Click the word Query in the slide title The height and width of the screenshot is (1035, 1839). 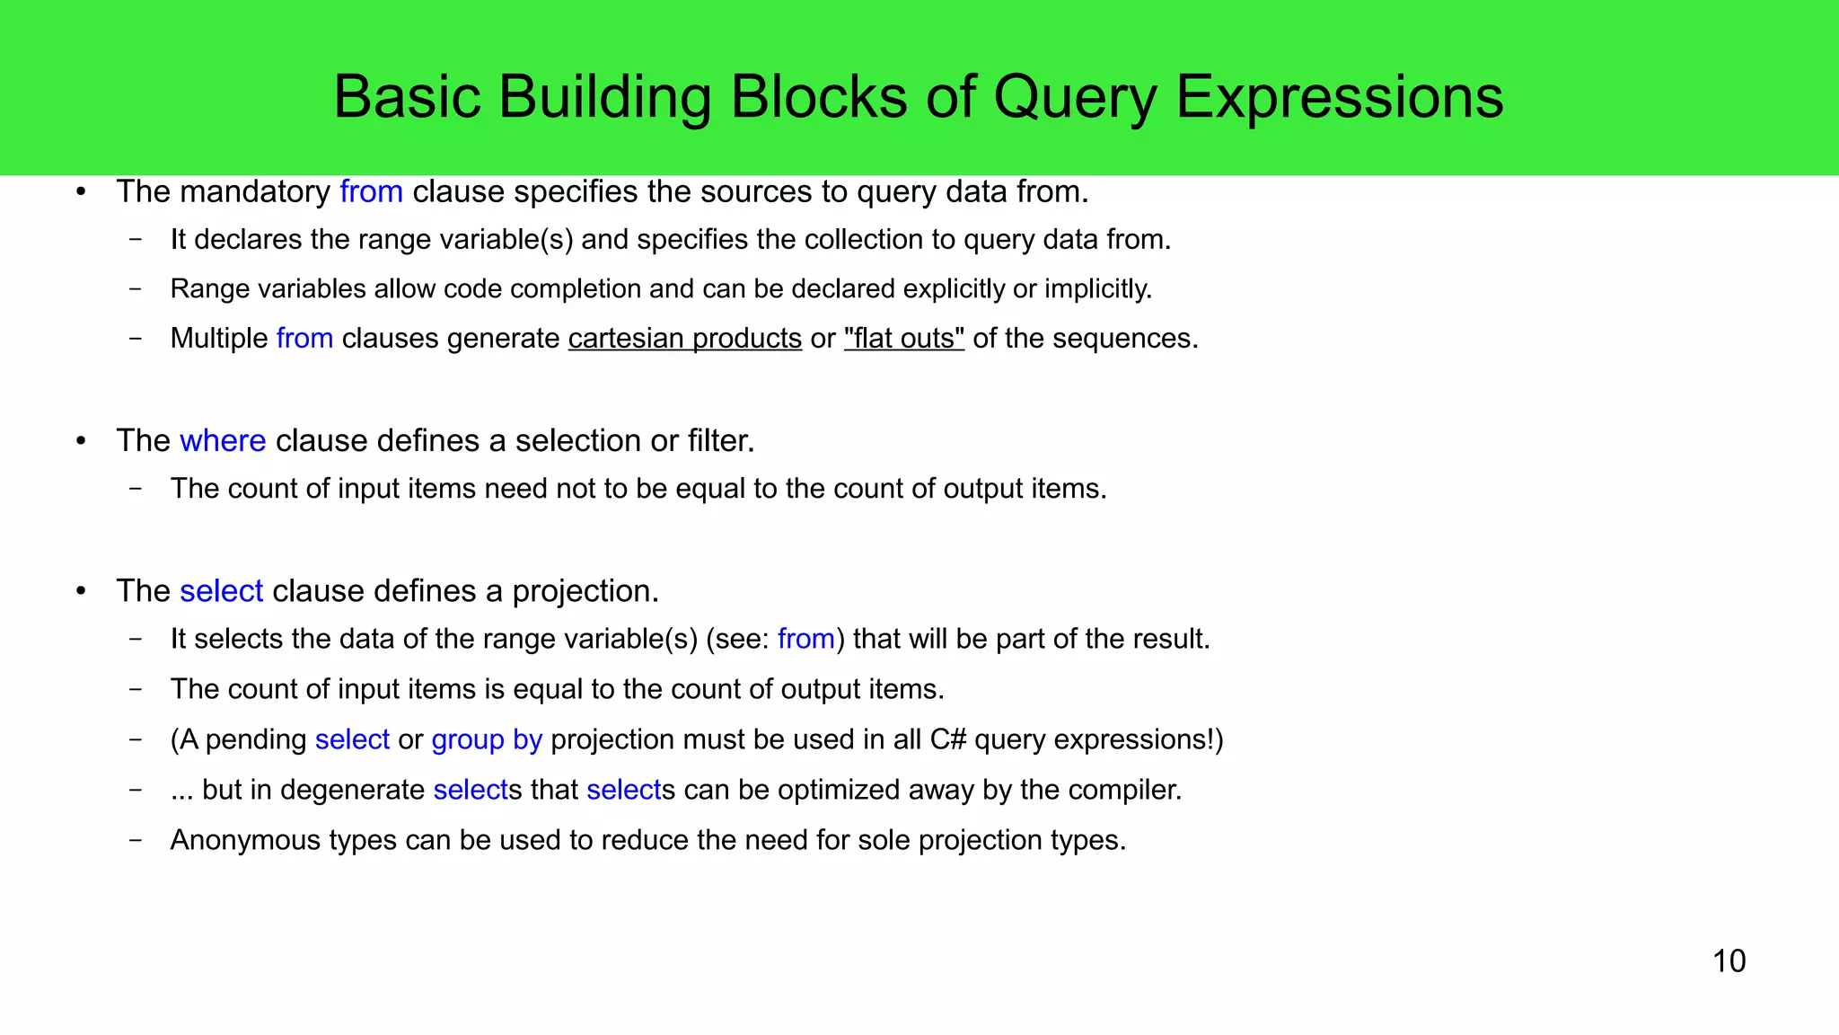[1075, 97]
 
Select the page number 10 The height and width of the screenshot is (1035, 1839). [1729, 961]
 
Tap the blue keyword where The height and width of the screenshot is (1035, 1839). [223, 441]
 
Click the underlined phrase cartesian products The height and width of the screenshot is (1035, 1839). [684, 339]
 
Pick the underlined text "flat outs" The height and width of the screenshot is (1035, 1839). [903, 339]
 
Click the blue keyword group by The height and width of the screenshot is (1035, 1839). [487, 739]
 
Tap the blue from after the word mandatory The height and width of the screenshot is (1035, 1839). [371, 192]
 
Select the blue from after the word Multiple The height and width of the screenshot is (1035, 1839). [304, 339]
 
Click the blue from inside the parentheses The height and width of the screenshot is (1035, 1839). [805, 639]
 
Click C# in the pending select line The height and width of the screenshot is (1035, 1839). [947, 739]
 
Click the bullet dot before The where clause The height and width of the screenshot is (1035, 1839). [81, 441]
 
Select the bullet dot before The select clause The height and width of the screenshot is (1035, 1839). [81, 591]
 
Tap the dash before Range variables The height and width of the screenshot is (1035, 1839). [136, 289]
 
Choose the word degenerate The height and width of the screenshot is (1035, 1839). [352, 790]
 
